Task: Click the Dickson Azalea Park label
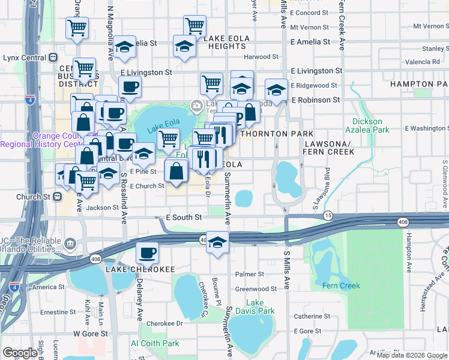click(367, 125)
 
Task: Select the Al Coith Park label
click(155, 343)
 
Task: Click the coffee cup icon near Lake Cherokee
click(147, 253)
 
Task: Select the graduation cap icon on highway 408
click(217, 243)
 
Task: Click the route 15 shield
click(328, 215)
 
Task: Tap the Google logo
click(20, 353)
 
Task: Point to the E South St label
click(183, 217)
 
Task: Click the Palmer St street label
click(250, 274)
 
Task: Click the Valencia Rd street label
click(422, 62)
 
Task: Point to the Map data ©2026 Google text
click(412, 355)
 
